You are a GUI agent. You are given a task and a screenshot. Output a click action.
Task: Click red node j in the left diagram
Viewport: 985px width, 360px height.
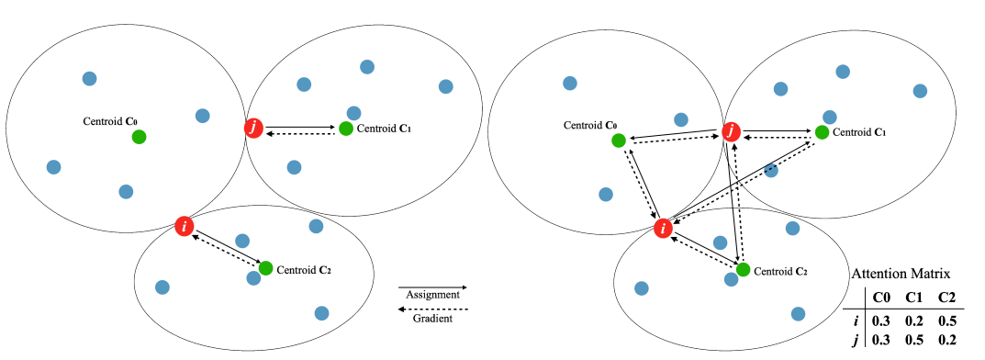pyautogui.click(x=254, y=129)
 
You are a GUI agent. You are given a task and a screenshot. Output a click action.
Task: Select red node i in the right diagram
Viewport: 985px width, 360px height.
pyautogui.click(x=661, y=228)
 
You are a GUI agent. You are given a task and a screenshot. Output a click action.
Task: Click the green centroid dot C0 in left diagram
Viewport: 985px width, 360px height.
pyautogui.click(x=139, y=137)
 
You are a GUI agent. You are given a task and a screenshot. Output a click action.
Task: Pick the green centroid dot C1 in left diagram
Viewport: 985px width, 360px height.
pyautogui.click(x=345, y=129)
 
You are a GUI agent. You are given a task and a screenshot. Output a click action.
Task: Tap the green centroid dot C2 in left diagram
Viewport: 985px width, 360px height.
pyautogui.click(x=265, y=268)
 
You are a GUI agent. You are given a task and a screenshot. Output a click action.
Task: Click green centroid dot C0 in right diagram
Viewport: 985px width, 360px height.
pyautogui.click(x=619, y=141)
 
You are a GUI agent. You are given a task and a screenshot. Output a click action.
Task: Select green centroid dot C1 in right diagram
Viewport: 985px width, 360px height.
pyautogui.click(x=822, y=132)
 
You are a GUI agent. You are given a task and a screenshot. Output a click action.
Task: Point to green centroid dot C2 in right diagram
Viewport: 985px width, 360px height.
pyautogui.click(x=743, y=270)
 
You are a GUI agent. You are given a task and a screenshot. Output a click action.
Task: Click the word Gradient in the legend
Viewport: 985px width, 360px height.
pyautogui.click(x=432, y=319)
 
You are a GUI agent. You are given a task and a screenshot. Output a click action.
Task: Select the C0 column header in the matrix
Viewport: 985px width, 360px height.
pyautogui.click(x=881, y=298)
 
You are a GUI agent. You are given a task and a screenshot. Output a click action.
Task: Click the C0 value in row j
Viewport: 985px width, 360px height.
pyautogui.click(x=881, y=341)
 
